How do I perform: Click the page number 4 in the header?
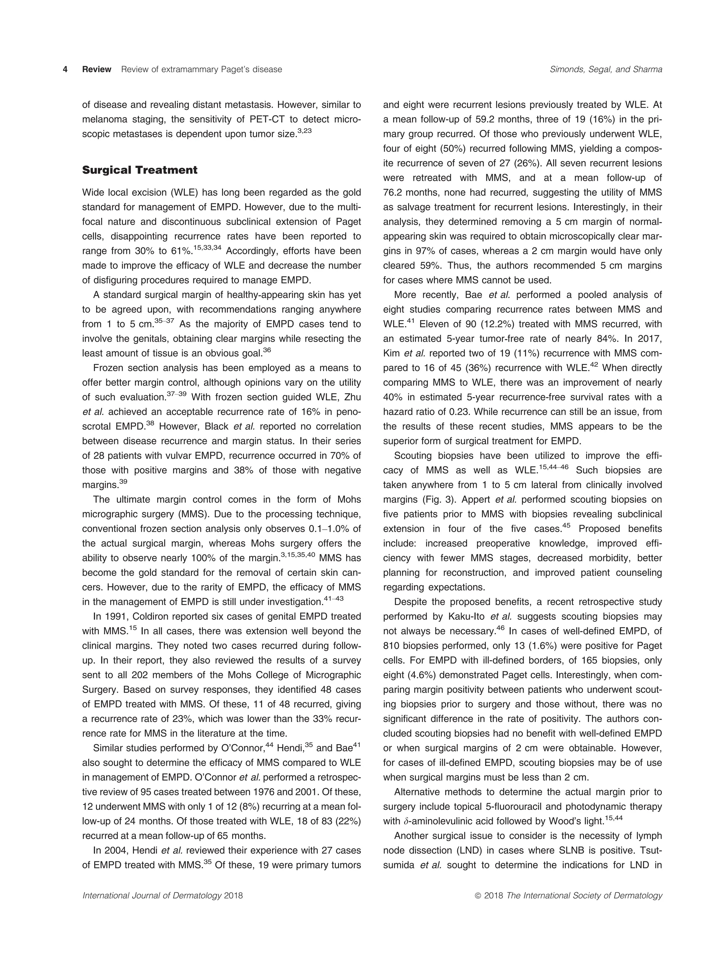point(65,69)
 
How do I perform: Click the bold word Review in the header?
point(97,69)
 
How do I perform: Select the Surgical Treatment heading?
point(140,170)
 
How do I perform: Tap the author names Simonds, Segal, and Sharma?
point(606,69)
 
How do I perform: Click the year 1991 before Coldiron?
point(117,617)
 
